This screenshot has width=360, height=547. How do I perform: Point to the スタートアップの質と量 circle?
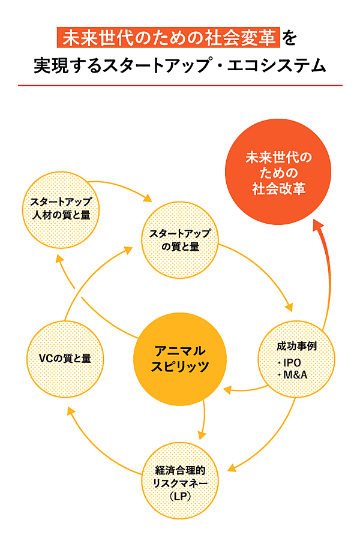coord(181,239)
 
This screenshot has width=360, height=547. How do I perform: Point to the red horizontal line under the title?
coord(180,85)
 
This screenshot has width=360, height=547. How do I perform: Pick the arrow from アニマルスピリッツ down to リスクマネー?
coord(205,420)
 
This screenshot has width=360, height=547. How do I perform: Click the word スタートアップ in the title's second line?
coord(133,65)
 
